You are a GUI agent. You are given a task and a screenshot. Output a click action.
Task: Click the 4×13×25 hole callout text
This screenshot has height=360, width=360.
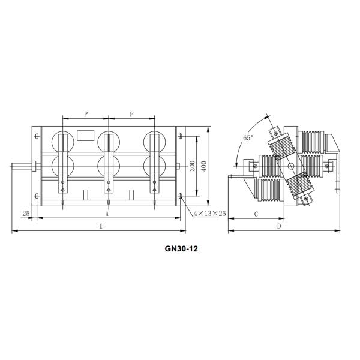[x=209, y=214]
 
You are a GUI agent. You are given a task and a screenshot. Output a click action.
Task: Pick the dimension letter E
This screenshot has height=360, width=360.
[x=100, y=226]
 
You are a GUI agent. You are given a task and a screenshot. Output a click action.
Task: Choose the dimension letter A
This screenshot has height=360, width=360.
[x=107, y=213]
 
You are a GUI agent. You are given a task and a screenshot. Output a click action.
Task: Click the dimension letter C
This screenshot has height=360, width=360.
[x=256, y=213]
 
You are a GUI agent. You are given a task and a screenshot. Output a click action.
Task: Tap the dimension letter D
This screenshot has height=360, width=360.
[x=279, y=226]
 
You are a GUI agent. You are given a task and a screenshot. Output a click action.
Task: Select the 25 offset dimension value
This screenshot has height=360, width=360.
[x=25, y=213]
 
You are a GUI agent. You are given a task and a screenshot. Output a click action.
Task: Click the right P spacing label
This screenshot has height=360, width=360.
[x=131, y=113]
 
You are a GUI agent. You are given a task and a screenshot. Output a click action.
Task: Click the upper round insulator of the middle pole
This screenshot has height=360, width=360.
[x=108, y=141]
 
